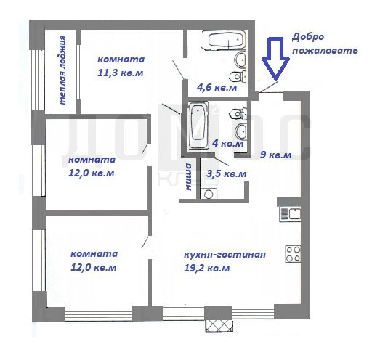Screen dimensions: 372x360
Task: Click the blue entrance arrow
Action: tap(276, 59)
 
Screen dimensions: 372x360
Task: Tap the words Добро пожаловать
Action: tap(325, 44)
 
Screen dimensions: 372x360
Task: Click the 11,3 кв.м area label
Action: tap(121, 73)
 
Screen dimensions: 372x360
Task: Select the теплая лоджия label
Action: tap(62, 70)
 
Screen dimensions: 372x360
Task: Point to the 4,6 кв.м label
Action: tap(217, 87)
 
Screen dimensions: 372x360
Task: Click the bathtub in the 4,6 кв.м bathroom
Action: tap(223, 40)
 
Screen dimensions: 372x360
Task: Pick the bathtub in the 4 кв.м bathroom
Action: tap(198, 126)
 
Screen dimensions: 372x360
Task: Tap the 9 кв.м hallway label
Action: tap(276, 155)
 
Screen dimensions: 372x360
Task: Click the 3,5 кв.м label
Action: tap(227, 173)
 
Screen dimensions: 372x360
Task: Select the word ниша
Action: tap(189, 177)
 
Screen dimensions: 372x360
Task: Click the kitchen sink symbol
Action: tap(290, 214)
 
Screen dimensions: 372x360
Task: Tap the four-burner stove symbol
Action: tap(293, 254)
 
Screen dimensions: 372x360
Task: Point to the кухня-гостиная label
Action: tap(225, 255)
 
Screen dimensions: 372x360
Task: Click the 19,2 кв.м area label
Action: tap(207, 269)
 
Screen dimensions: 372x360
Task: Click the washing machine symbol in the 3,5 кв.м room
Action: tap(209, 194)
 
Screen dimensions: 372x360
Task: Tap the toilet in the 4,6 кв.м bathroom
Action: tap(237, 76)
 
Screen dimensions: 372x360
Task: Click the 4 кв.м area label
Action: tap(227, 144)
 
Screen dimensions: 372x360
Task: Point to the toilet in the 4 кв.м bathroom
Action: tap(238, 113)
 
